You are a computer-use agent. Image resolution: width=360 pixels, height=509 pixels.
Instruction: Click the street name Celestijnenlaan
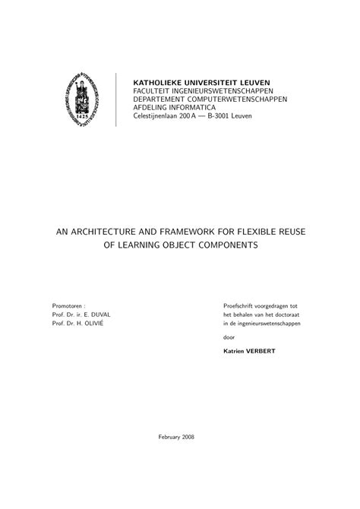tap(161, 117)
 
